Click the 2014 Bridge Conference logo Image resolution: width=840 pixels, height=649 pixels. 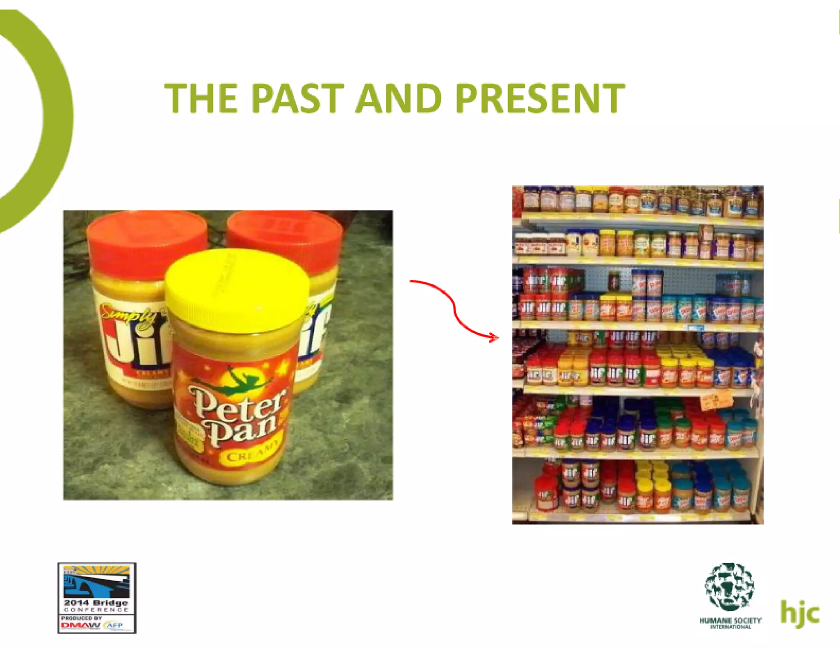pyautogui.click(x=97, y=598)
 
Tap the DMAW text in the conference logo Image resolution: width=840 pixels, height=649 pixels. pyautogui.click(x=80, y=626)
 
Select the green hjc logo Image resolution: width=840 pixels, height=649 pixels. pyautogui.click(x=799, y=614)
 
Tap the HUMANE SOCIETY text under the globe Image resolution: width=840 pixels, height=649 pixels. pyautogui.click(x=730, y=620)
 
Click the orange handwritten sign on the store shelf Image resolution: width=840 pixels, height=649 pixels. pyautogui.click(x=716, y=400)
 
